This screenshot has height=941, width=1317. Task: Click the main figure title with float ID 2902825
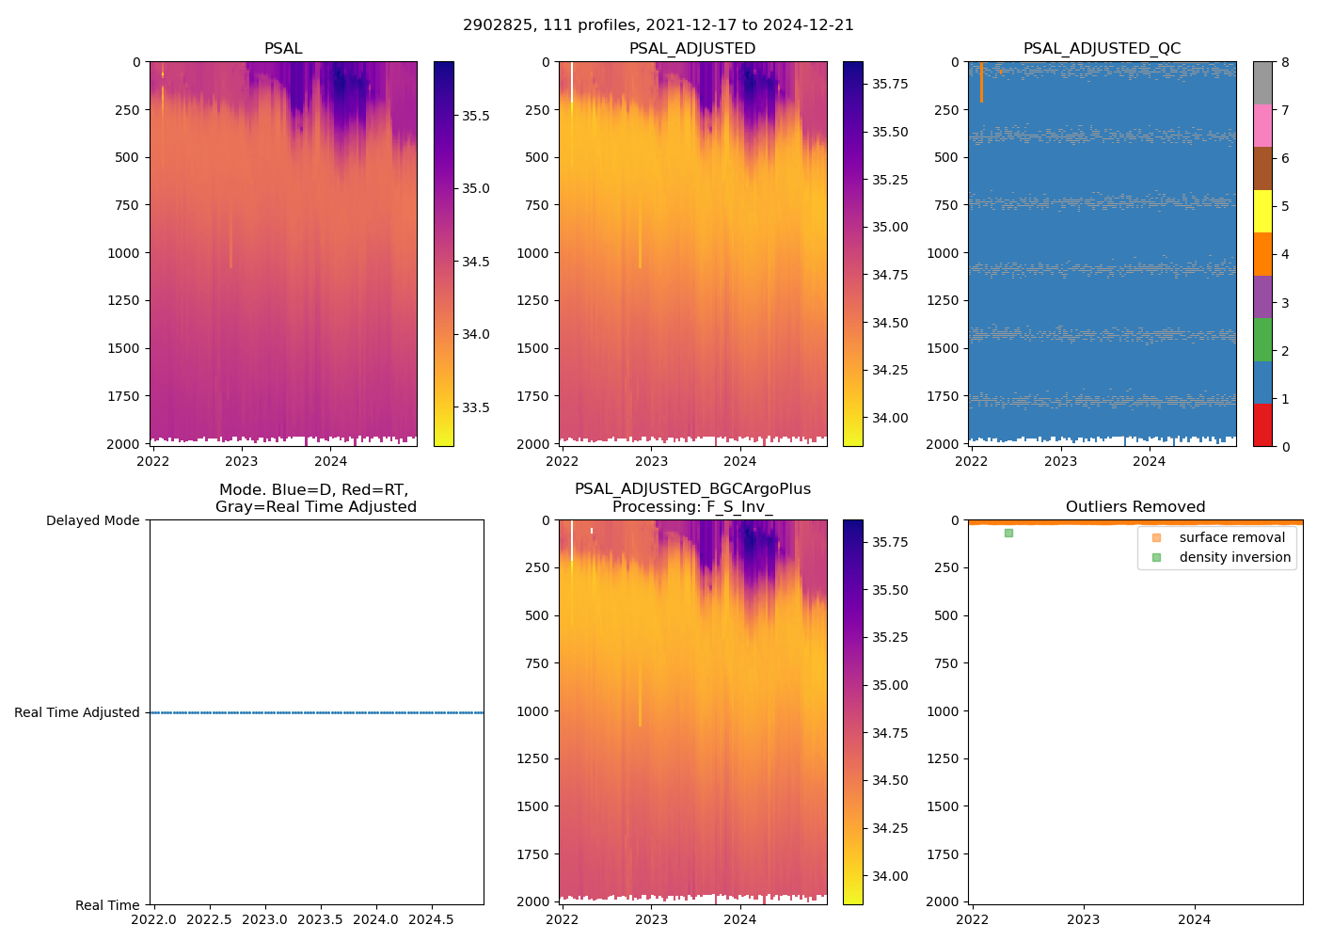coord(658,25)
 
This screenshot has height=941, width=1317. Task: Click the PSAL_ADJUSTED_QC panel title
coord(1102,49)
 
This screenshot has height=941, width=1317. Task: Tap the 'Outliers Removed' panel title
coord(1135,507)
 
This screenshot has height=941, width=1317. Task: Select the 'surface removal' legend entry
coord(1231,537)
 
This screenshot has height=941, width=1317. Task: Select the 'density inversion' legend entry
coord(1234,557)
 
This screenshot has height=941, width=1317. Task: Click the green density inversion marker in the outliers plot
coord(1008,533)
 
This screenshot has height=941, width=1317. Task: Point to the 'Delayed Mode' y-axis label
coord(92,520)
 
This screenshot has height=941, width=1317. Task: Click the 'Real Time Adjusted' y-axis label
coord(77,712)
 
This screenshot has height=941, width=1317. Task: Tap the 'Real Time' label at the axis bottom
coord(107,905)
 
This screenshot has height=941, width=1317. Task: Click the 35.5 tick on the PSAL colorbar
coord(475,116)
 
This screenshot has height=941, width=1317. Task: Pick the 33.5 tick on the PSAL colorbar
coord(475,407)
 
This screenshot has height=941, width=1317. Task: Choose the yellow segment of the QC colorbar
coord(1262,211)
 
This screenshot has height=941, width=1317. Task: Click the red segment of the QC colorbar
coord(1262,425)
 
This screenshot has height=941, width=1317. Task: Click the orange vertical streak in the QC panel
coord(981,83)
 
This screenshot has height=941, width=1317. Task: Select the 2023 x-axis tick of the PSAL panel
coord(242,461)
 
